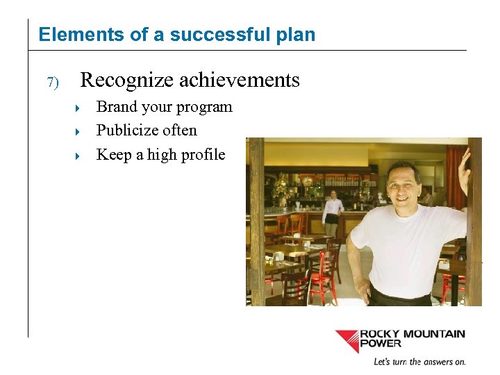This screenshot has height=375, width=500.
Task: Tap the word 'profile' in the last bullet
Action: [x=202, y=154]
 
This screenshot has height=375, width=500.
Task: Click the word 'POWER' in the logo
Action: [x=380, y=344]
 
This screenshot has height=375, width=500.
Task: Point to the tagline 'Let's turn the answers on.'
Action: [x=419, y=362]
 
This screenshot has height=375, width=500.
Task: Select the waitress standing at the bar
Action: [x=334, y=208]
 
